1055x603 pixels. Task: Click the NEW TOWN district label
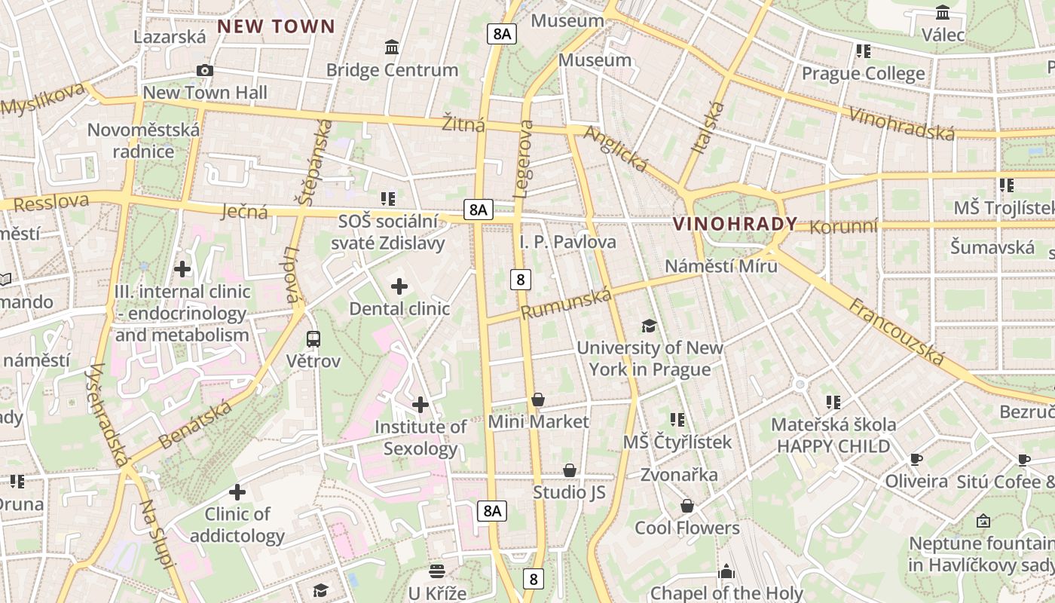coord(276,27)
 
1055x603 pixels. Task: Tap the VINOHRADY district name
coord(735,224)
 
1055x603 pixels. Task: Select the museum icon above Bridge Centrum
coord(392,47)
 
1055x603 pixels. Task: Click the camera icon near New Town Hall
coord(204,71)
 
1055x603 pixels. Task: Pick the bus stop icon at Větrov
coord(313,338)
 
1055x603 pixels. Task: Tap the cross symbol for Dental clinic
coord(399,286)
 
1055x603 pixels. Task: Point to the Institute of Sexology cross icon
coord(420,406)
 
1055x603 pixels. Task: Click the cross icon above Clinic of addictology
coord(237,493)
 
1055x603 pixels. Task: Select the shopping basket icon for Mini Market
coord(538,399)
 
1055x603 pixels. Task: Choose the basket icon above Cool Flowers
coord(687,506)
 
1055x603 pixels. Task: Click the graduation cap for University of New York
coord(649,326)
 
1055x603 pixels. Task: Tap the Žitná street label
coord(463,124)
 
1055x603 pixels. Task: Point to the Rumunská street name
coord(566,303)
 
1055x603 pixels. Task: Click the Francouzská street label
coord(897,332)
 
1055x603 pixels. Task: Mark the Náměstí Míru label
coord(721,266)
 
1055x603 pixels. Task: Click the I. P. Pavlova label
coord(568,242)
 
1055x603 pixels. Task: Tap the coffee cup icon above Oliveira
coord(916,459)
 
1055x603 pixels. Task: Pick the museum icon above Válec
coord(943,13)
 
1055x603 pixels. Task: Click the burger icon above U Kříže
coord(437,571)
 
